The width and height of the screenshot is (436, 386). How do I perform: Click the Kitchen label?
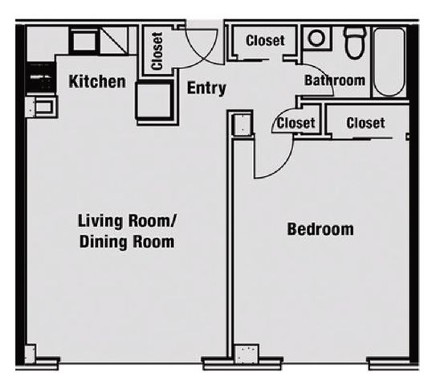pyautogui.click(x=97, y=81)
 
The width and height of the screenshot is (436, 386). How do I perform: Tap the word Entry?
pyautogui.click(x=206, y=88)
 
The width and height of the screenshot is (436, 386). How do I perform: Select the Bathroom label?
pyautogui.click(x=335, y=80)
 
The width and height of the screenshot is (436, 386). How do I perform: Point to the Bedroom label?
pyautogui.click(x=320, y=229)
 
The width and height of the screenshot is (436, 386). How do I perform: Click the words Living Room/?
pyautogui.click(x=127, y=221)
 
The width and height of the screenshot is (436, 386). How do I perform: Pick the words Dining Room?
pyautogui.click(x=127, y=242)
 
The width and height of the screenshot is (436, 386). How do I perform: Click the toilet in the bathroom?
pyautogui.click(x=355, y=43)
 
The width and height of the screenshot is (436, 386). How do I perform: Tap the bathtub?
pyautogui.click(x=389, y=63)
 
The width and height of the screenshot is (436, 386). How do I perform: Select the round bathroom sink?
pyautogui.click(x=316, y=38)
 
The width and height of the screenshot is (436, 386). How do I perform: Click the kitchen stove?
pyautogui.click(x=42, y=79)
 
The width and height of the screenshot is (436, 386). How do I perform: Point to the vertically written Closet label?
pyautogui.click(x=157, y=51)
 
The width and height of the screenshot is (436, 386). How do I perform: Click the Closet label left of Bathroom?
pyautogui.click(x=265, y=41)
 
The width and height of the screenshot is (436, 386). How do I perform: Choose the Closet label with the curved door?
pyautogui.click(x=295, y=123)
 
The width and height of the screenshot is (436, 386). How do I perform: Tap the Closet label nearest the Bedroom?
pyautogui.click(x=365, y=123)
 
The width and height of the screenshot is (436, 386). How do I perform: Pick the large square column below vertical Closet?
pyautogui.click(x=154, y=101)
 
